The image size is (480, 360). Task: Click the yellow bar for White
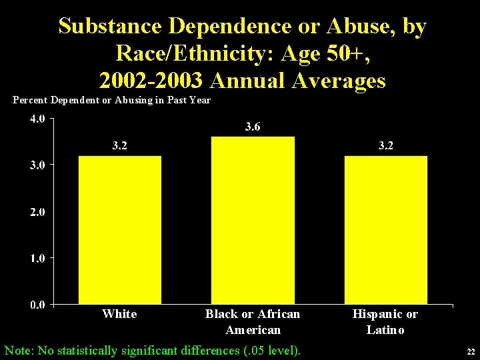[x=120, y=230]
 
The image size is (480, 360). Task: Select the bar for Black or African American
[x=253, y=221]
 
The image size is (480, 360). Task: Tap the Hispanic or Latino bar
[x=386, y=230]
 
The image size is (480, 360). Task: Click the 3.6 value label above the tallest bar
[x=253, y=127]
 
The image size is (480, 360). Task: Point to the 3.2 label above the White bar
[x=119, y=145]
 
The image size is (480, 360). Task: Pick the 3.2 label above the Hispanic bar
[x=386, y=145]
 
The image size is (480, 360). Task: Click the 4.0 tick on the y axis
[x=37, y=119]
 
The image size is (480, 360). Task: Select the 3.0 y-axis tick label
[x=37, y=165]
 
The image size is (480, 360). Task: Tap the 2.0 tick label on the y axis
[x=37, y=212]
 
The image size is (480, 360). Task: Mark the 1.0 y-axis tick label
[x=37, y=258]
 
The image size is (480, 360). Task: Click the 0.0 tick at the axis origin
[x=37, y=305]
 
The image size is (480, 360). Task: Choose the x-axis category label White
[x=119, y=314]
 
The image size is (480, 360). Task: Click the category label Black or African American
[x=253, y=321]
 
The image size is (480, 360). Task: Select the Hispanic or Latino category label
[x=385, y=321]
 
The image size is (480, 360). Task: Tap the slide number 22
[x=470, y=352]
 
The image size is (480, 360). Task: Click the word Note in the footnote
[x=19, y=349]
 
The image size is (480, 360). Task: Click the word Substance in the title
[x=111, y=27]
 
